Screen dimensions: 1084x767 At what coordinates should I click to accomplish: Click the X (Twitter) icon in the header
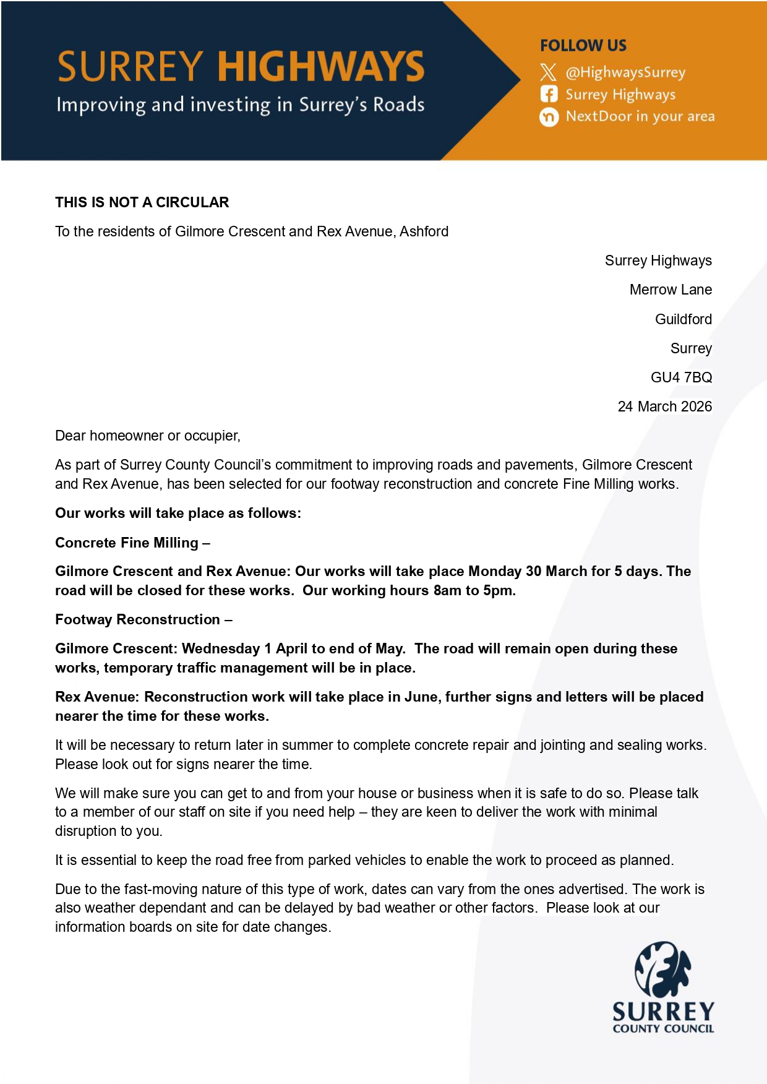click(x=548, y=72)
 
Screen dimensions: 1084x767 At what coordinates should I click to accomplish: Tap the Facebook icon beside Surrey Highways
click(x=549, y=94)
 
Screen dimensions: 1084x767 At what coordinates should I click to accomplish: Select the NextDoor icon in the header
click(x=549, y=116)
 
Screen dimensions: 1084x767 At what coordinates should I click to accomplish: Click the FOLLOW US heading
click(x=583, y=46)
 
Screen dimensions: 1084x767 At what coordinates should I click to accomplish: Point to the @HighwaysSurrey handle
click(x=625, y=72)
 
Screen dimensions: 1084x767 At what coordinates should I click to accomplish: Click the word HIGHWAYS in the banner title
click(x=320, y=67)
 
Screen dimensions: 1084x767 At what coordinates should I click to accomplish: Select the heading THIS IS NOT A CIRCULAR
click(x=142, y=202)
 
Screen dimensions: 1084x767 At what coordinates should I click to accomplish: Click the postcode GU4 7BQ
click(x=681, y=377)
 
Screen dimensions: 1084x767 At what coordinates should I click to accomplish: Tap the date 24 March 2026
click(x=664, y=406)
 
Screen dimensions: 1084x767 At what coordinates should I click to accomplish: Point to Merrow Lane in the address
click(x=671, y=290)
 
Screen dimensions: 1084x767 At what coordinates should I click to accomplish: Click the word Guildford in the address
click(x=683, y=319)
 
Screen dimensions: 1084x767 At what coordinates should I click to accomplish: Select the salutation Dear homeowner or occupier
click(x=147, y=436)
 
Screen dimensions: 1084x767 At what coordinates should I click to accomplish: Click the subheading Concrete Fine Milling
click(x=127, y=543)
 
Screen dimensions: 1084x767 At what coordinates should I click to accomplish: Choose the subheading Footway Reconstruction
click(x=137, y=619)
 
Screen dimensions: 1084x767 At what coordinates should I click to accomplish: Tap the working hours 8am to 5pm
click(x=474, y=590)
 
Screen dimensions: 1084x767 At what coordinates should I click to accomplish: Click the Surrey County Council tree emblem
click(x=662, y=969)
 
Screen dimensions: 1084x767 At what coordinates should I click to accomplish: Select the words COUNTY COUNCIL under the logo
click(x=663, y=1029)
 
